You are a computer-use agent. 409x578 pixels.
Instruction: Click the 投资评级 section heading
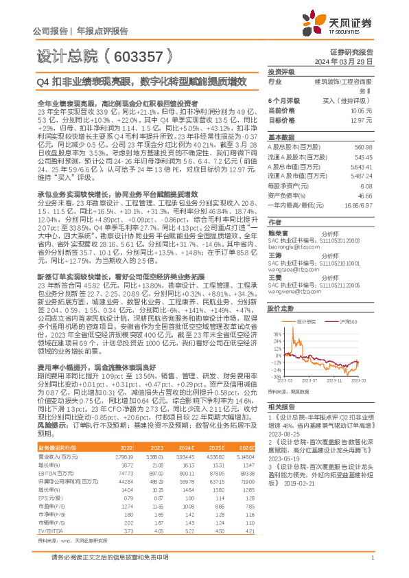pos(281,71)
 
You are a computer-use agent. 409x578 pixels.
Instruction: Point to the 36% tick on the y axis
pos(275,334)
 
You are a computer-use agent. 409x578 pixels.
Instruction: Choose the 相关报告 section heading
pos(281,407)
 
